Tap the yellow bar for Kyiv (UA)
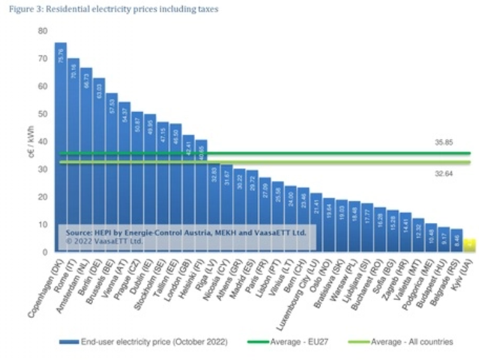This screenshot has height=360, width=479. [x=469, y=245]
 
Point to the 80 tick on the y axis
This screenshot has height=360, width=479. [x=43, y=31]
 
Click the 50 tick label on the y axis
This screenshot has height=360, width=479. [x=43, y=113]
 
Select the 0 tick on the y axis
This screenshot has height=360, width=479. [x=45, y=252]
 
